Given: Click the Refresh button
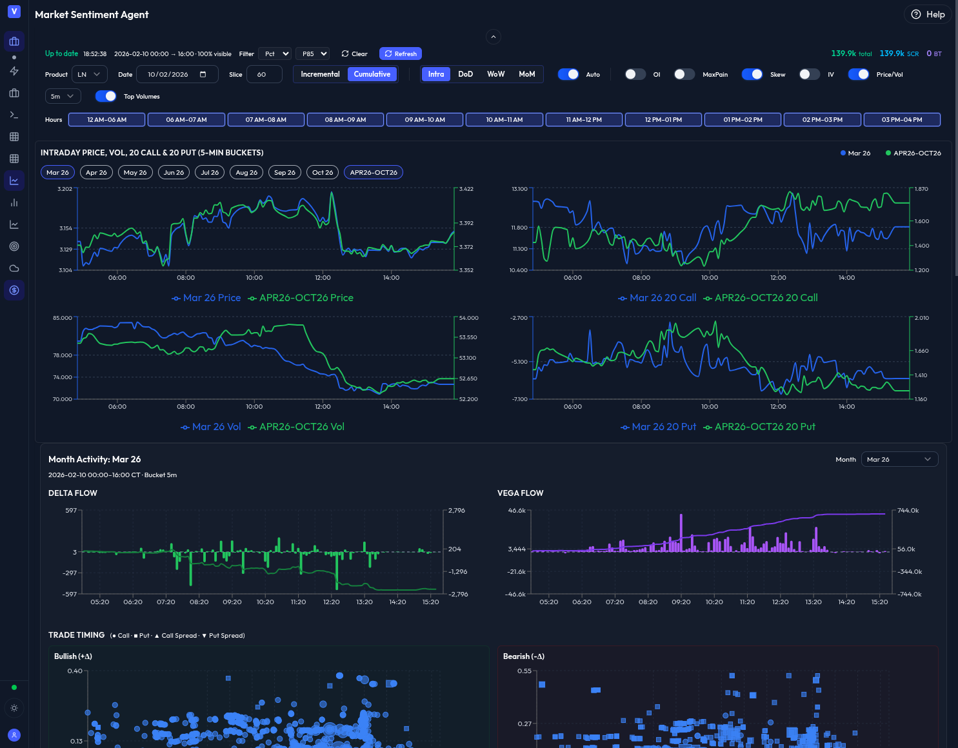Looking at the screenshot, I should coord(401,54).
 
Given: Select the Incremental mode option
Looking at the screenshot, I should coord(320,75).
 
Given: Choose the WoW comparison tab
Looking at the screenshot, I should coord(495,75).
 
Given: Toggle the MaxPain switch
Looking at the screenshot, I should coord(684,75).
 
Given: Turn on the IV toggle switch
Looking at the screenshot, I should coord(809,75).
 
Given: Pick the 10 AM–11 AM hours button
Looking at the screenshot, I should coord(504,120).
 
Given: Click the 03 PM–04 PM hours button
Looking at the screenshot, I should coord(901,120).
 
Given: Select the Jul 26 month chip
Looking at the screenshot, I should coord(210,173).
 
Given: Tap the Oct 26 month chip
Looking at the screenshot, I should coord(323,173).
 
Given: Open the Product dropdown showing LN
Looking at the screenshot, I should coord(89,75).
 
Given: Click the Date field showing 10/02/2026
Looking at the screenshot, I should coord(177,75).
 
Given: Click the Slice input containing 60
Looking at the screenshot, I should coord(264,75).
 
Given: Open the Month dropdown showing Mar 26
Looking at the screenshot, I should coord(899,460).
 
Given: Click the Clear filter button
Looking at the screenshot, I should coord(354,54).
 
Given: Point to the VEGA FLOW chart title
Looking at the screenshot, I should coord(520,493).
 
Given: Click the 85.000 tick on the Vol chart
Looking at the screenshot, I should coord(63,318).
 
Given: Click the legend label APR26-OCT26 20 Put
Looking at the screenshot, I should coord(764,427).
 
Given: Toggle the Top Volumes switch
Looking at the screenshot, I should coord(106,97).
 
